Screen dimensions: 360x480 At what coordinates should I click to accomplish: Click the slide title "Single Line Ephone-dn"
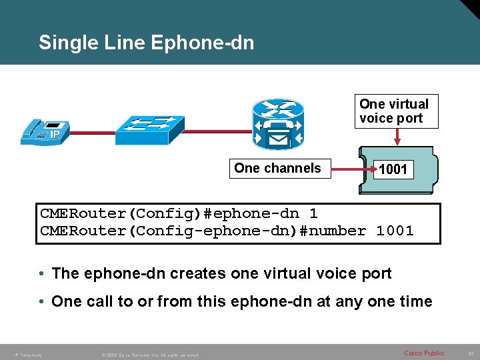(146, 43)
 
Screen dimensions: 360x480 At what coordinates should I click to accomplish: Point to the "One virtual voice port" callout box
(397, 111)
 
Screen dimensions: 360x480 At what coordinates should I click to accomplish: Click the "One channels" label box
(277, 169)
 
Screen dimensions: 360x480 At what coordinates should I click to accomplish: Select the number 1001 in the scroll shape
(393, 170)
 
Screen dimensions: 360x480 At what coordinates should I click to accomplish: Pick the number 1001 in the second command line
(395, 231)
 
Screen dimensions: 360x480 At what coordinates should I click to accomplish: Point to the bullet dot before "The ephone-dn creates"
(41, 274)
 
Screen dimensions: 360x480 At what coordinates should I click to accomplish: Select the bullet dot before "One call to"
(41, 302)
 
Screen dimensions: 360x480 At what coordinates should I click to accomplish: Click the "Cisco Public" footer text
(423, 353)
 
